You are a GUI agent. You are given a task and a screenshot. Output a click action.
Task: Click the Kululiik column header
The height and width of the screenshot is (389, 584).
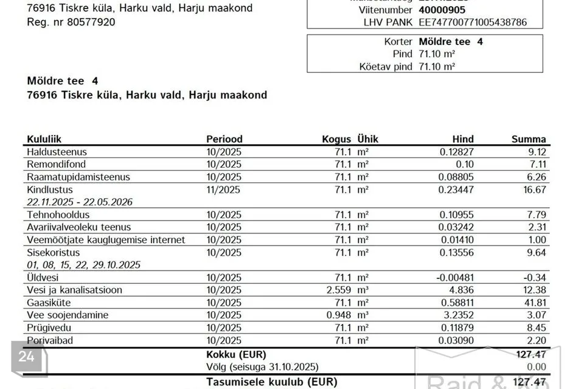[x=44, y=139]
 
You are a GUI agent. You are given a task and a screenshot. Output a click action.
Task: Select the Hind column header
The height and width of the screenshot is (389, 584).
[x=463, y=139]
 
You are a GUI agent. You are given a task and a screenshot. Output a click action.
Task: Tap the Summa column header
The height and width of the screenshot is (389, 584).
[x=529, y=139]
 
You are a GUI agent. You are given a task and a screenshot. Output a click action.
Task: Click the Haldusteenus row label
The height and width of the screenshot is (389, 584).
[x=57, y=152]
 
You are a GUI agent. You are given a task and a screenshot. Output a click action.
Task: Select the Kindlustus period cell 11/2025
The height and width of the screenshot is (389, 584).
[x=224, y=190]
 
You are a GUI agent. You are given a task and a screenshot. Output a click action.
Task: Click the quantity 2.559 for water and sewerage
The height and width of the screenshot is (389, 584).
[x=339, y=290]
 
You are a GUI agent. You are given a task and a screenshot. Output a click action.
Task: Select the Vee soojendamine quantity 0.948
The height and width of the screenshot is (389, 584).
[x=339, y=315]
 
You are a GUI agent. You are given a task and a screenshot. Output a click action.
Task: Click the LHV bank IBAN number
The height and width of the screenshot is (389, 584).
[x=473, y=22]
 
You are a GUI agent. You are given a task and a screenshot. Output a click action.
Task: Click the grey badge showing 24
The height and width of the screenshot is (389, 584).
[x=26, y=357]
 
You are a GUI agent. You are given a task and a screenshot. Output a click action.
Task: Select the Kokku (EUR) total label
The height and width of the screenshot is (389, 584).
[x=236, y=354]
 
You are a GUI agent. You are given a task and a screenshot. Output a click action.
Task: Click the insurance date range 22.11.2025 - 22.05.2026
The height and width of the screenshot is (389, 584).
[x=80, y=202]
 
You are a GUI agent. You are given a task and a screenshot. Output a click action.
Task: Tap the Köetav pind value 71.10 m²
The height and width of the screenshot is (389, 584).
[x=437, y=67]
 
